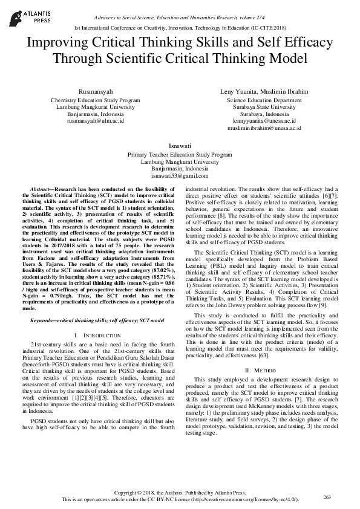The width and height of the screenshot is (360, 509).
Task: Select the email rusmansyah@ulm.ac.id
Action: click(x=95, y=120)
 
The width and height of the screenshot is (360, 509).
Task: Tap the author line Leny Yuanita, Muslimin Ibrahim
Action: click(x=264, y=90)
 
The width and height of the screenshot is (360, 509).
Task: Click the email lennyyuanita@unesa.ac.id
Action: click(x=264, y=121)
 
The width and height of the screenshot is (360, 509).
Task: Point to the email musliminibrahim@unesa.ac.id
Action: click(x=264, y=128)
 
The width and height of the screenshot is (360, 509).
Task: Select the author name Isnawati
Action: click(x=180, y=146)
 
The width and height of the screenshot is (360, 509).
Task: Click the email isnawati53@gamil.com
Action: click(x=180, y=176)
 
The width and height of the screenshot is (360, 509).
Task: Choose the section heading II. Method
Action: click(x=264, y=369)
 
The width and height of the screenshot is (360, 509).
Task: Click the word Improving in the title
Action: click(x=61, y=44)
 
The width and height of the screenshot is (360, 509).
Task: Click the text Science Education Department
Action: click(x=264, y=100)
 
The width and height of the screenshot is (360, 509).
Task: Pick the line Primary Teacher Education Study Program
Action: click(x=180, y=155)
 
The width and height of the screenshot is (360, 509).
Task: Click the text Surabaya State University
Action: click(x=264, y=107)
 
